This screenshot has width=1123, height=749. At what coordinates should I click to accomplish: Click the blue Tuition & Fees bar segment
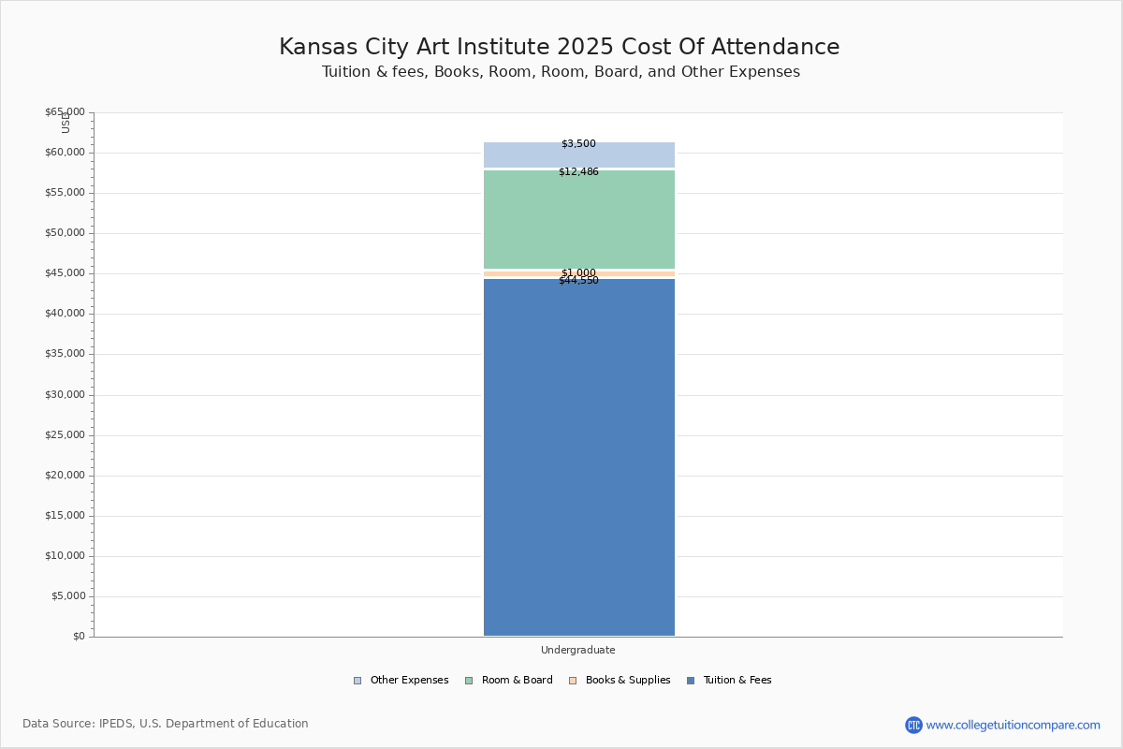(x=578, y=459)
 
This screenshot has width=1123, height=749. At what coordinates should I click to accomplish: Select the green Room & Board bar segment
(x=578, y=220)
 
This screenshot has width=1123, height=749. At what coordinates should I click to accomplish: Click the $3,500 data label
(x=578, y=144)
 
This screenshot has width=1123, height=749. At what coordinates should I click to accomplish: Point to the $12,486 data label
(x=578, y=172)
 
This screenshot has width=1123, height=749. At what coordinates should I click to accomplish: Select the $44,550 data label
(x=578, y=281)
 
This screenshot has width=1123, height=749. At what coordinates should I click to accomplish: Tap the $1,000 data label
(x=578, y=272)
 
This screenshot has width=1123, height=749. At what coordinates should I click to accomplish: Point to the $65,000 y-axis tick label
(x=65, y=112)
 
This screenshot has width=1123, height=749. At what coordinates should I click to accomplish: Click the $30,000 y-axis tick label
(x=65, y=395)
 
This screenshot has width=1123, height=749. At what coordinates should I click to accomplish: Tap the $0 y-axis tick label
(x=79, y=637)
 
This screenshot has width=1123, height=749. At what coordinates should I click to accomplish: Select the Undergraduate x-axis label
(x=578, y=651)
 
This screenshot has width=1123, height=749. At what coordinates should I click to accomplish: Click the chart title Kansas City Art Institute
(x=560, y=48)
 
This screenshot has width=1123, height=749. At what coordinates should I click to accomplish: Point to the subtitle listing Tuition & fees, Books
(x=561, y=72)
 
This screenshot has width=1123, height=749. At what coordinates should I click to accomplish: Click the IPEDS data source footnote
(x=166, y=724)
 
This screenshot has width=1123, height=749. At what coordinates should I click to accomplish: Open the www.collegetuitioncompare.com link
(x=1013, y=725)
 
